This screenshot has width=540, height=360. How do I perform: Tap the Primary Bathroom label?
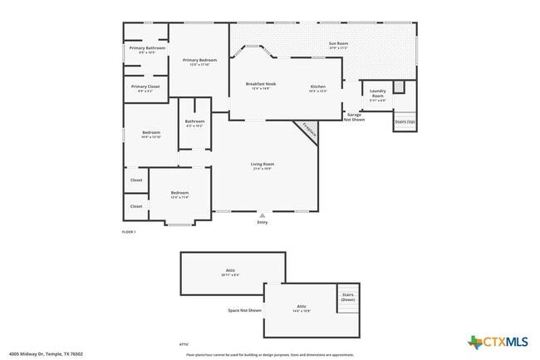click(x=147, y=48)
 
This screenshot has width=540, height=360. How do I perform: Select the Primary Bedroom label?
click(x=200, y=60)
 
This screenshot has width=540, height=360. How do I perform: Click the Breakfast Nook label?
click(x=261, y=84)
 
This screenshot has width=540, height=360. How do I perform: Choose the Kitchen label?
click(x=318, y=86)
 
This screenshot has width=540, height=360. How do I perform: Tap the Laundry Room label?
click(x=378, y=93)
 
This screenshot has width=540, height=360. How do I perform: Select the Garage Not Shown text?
click(x=355, y=117)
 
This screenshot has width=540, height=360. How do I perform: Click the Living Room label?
click(x=263, y=164)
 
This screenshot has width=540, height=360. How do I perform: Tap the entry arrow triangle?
click(x=263, y=215)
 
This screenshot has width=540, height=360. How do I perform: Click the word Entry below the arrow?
click(x=263, y=222)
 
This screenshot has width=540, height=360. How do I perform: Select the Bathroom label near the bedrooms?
click(x=195, y=121)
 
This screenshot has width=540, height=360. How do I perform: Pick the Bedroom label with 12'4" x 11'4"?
click(x=179, y=193)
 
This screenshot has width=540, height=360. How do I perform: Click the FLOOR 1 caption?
click(x=129, y=231)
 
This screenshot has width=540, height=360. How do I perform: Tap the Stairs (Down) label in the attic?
click(x=348, y=297)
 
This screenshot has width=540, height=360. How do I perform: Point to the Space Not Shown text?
click(x=245, y=310)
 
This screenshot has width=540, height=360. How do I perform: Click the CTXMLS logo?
click(x=498, y=342)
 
